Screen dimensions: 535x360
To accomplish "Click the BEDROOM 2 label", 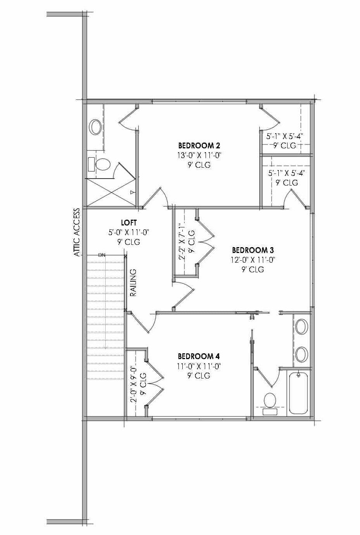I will [x=199, y=146].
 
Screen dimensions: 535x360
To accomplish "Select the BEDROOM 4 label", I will [x=199, y=356].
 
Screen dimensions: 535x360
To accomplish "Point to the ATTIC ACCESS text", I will [x=77, y=232].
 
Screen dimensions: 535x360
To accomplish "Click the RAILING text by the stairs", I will [x=133, y=283].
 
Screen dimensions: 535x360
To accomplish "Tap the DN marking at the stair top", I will [x=102, y=255].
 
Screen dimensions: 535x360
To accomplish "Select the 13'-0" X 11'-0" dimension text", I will [x=199, y=155].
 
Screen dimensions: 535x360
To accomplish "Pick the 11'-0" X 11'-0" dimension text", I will [x=199, y=366].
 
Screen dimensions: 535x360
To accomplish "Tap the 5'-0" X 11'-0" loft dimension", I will [x=129, y=232].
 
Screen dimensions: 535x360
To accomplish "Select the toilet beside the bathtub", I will [x=269, y=401].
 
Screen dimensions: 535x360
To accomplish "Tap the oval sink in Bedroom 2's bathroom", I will [x=95, y=127].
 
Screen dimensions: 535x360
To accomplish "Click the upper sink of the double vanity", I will [x=301, y=326].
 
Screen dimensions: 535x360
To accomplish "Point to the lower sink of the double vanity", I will [x=301, y=354].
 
